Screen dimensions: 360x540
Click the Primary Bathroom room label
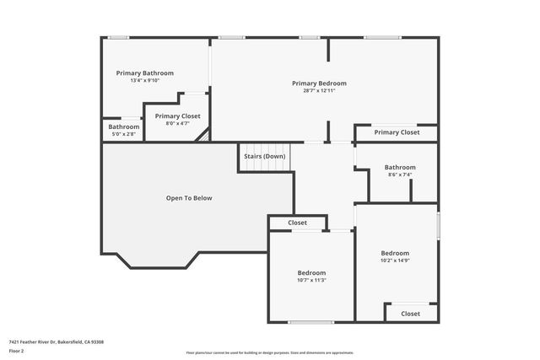[145, 73]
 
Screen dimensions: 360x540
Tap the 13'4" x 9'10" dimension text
[145, 81]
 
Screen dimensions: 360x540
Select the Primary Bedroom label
[319, 83]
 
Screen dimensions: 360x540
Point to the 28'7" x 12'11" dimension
[319, 91]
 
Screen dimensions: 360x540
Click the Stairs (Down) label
[264, 157]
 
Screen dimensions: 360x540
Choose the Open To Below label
[189, 199]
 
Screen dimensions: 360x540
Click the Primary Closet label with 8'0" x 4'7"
[177, 116]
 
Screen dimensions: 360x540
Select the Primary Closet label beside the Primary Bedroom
[397, 132]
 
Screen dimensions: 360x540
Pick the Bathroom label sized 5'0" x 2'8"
[123, 126]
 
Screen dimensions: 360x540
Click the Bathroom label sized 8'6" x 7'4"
[400, 168]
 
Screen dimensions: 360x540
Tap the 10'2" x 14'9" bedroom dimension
[395, 261]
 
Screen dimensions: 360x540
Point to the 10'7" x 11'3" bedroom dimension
[311, 281]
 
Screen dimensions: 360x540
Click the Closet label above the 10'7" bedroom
[297, 223]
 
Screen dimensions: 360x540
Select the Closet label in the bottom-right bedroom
[410, 314]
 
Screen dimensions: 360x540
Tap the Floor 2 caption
[17, 351]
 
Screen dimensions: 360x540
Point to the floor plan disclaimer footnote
[269, 353]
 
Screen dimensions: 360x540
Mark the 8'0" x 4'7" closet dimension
[177, 124]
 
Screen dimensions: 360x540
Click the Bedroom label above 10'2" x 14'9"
[395, 254]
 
